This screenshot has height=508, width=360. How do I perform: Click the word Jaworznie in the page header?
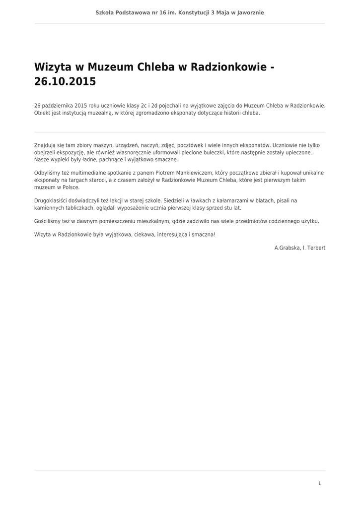pos(250,12)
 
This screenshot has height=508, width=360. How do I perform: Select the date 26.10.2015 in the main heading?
pos(65,81)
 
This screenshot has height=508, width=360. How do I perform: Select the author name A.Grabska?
pos(287,247)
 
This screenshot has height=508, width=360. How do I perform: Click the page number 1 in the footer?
pos(319,483)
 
